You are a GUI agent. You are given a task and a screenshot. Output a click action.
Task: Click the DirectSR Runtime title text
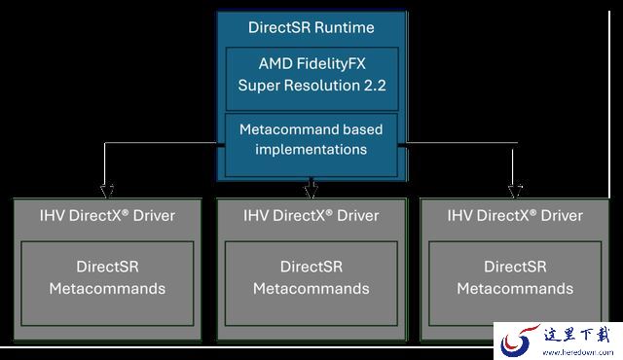pyautogui.click(x=311, y=27)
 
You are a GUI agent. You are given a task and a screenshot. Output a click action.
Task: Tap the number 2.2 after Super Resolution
pyautogui.click(x=375, y=86)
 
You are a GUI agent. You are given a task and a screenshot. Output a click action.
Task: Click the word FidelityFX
pyautogui.click(x=331, y=64)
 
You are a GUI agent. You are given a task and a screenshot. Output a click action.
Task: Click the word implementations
pyautogui.click(x=311, y=150)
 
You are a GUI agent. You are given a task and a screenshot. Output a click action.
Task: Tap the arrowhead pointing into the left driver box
pyautogui.click(x=107, y=191)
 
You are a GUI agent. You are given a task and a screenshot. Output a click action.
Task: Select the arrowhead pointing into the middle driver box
pyautogui.click(x=311, y=191)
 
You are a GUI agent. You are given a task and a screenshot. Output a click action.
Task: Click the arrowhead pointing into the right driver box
pyautogui.click(x=515, y=191)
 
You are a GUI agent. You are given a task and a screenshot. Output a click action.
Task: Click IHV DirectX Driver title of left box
pyautogui.click(x=107, y=216)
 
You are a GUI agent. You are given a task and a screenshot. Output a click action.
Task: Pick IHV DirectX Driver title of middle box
pyautogui.click(x=311, y=216)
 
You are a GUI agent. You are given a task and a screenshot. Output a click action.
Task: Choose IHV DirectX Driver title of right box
pyautogui.click(x=515, y=216)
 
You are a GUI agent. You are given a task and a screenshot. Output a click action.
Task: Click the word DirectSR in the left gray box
pyautogui.click(x=107, y=267)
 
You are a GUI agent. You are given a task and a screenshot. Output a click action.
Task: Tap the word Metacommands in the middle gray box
pyautogui.click(x=311, y=289)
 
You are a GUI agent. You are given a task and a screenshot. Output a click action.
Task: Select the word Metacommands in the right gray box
pyautogui.click(x=515, y=289)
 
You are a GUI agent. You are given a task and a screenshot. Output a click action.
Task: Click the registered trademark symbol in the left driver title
pyautogui.click(x=126, y=212)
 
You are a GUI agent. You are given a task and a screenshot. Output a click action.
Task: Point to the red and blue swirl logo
pyautogui.click(x=519, y=341)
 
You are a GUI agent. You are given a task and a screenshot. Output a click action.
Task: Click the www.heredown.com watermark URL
pyautogui.click(x=577, y=352)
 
